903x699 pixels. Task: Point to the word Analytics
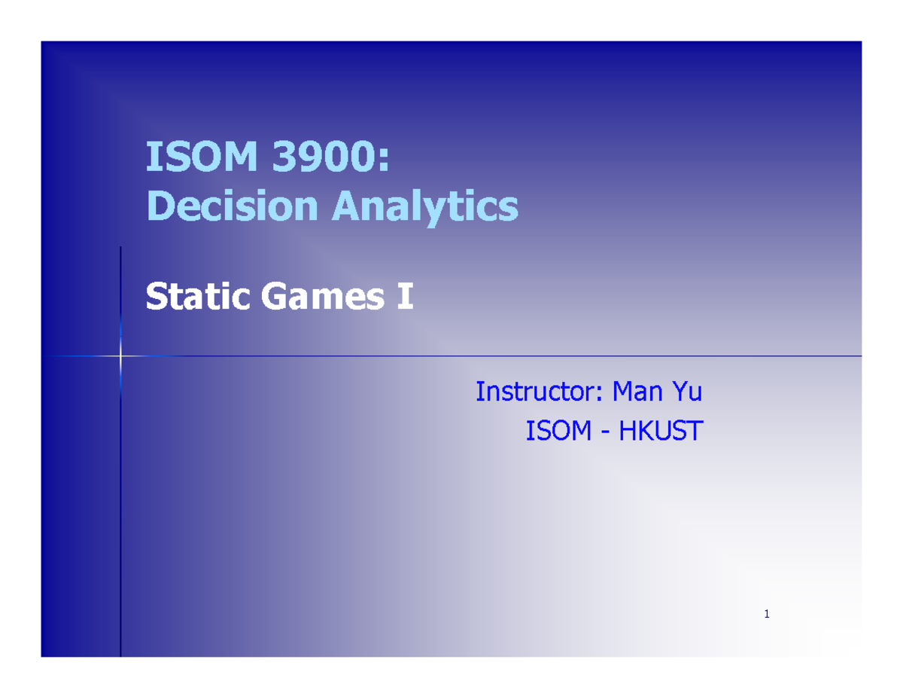425,206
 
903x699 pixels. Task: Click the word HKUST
660,432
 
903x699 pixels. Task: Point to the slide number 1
766,615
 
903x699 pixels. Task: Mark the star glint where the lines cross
120,355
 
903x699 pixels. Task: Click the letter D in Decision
159,206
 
